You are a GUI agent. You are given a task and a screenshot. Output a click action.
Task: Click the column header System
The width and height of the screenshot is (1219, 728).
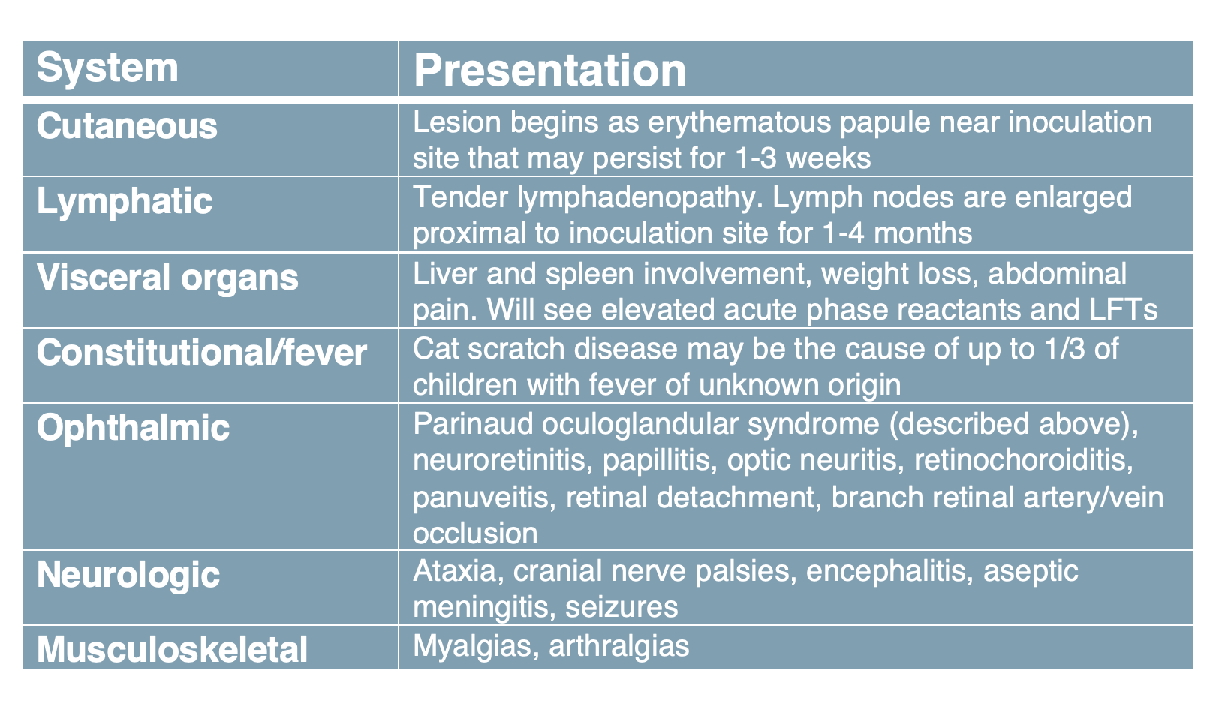coord(107,68)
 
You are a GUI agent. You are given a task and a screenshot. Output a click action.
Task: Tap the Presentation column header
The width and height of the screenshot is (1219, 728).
coord(549,71)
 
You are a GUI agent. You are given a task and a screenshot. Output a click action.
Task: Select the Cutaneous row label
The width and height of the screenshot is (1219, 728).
coord(127,126)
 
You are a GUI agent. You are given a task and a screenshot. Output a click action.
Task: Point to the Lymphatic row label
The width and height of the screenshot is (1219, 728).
coord(124,202)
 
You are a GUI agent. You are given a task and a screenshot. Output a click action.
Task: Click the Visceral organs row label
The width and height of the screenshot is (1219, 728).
coord(167,278)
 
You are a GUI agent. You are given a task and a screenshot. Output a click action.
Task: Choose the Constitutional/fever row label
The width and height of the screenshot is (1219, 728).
coord(202,353)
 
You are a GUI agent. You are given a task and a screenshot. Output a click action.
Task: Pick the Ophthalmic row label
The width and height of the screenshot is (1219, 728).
coord(133,428)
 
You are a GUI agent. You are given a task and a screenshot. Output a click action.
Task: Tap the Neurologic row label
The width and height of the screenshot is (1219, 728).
coord(128,575)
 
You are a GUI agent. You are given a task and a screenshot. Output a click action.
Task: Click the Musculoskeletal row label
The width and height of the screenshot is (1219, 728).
coord(172,650)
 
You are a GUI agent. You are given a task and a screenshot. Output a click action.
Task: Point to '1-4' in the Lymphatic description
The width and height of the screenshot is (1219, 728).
coord(843,233)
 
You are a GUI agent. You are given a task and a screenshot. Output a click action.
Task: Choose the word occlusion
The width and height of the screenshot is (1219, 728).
coord(475,534)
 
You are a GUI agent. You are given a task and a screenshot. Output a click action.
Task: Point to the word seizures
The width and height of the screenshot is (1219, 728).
coord(622,608)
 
